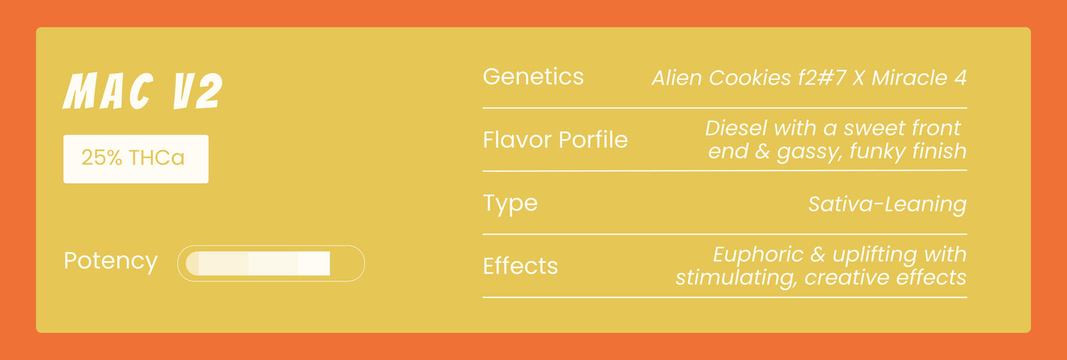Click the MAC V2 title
(143, 91)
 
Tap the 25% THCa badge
(136, 159)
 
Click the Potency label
(111, 261)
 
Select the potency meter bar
(271, 263)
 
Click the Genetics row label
(533, 77)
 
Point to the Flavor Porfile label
(556, 139)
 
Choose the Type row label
(510, 204)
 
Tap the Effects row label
(520, 266)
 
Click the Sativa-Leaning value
(888, 205)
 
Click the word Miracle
(910, 78)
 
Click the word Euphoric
(758, 255)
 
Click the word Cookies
(750, 78)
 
